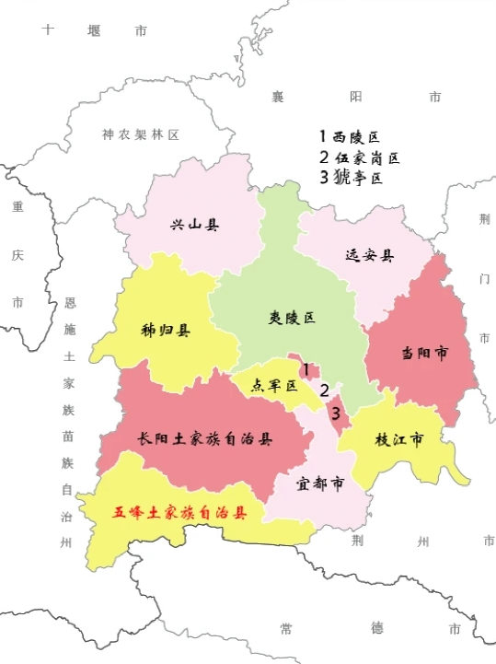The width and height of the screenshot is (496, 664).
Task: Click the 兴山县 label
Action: click(193, 224)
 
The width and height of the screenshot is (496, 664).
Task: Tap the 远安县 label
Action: click(369, 255)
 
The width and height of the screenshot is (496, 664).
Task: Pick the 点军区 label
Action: click(274, 387)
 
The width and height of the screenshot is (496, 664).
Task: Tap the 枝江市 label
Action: click(399, 440)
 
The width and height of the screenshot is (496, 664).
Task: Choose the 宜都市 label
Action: click(318, 483)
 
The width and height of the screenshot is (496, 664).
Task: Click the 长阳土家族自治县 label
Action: click(203, 439)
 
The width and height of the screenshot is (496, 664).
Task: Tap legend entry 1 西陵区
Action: click(350, 136)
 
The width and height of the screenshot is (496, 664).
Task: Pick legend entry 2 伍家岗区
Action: click(359, 157)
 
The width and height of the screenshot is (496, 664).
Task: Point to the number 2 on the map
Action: click(324, 390)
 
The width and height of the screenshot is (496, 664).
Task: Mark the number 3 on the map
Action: click(336, 413)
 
